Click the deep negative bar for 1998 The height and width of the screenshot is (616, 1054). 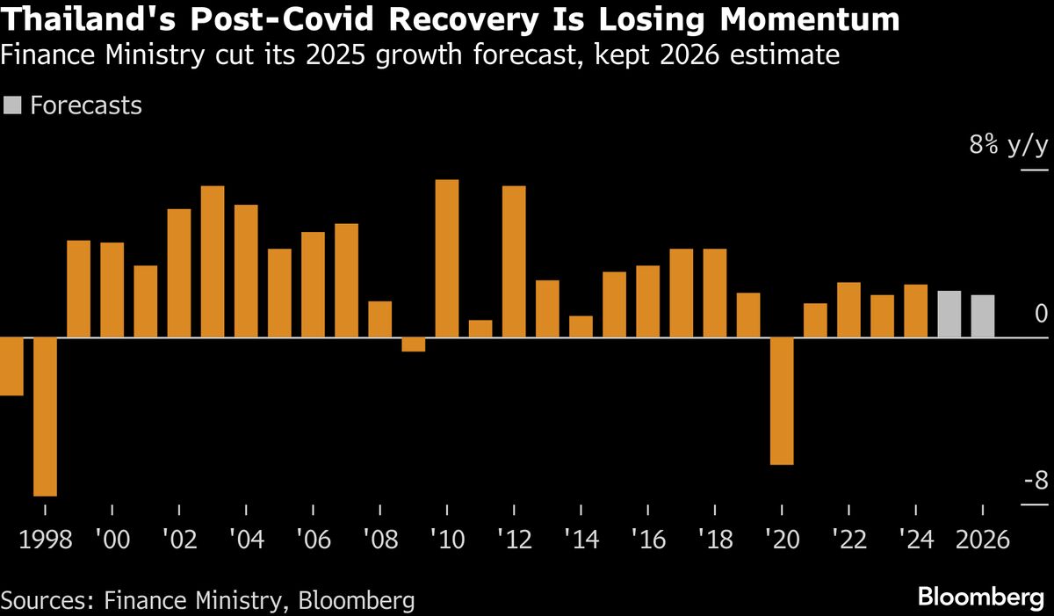(45, 417)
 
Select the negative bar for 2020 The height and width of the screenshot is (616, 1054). (782, 401)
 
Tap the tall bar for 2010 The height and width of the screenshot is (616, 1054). (447, 258)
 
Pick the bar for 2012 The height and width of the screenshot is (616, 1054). (514, 262)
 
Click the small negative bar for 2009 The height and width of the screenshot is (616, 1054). (414, 344)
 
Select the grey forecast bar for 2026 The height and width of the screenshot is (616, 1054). (983, 316)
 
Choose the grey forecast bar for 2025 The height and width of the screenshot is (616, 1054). (949, 314)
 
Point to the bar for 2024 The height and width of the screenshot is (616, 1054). (916, 311)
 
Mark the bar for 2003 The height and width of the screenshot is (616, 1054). (213, 262)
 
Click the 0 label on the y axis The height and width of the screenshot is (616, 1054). (1041, 314)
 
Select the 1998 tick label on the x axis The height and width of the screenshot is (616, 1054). (45, 539)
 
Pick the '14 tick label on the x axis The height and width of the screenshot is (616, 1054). (581, 539)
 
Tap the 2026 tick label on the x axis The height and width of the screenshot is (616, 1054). (982, 539)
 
